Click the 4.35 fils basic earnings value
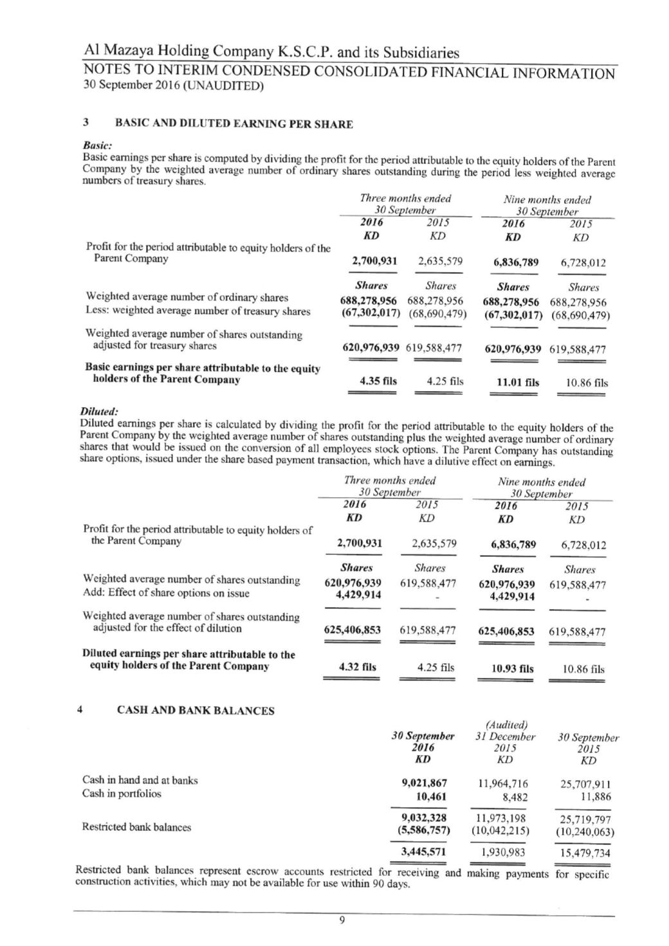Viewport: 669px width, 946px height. tap(378, 381)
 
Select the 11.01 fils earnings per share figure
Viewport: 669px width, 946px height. tap(518, 383)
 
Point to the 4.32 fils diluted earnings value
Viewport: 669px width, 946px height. tap(357, 668)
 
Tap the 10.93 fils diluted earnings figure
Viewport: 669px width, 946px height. tap(512, 669)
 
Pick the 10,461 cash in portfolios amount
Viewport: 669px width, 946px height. tap(432, 796)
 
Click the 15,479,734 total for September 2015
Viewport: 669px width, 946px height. tap(583, 853)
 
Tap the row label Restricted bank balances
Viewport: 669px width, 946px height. tap(136, 827)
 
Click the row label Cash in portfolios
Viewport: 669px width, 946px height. tap(122, 794)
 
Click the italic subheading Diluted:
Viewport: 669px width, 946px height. tap(98, 411)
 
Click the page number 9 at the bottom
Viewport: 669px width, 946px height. tap(342, 920)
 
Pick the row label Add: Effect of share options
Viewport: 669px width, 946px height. tap(166, 593)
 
